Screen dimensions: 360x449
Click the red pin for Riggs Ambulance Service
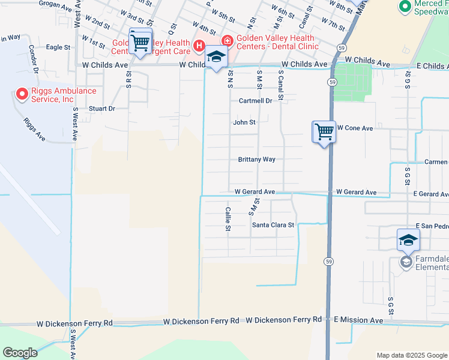point(22,94)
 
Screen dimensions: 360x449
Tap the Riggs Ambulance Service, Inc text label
point(63,95)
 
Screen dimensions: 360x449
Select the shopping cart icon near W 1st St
point(140,42)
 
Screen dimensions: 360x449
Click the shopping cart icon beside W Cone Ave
point(324,130)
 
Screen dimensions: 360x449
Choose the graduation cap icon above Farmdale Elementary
point(408,241)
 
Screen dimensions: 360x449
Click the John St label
point(244,122)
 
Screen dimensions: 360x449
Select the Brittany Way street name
point(256,160)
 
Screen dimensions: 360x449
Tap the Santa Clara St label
point(273,225)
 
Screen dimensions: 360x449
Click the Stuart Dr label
point(101,109)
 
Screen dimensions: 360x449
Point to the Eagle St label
point(58,47)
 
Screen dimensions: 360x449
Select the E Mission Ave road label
point(358,320)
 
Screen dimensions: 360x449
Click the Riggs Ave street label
point(35,128)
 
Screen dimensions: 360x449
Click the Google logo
point(20,353)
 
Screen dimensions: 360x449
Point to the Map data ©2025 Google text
point(411,355)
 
